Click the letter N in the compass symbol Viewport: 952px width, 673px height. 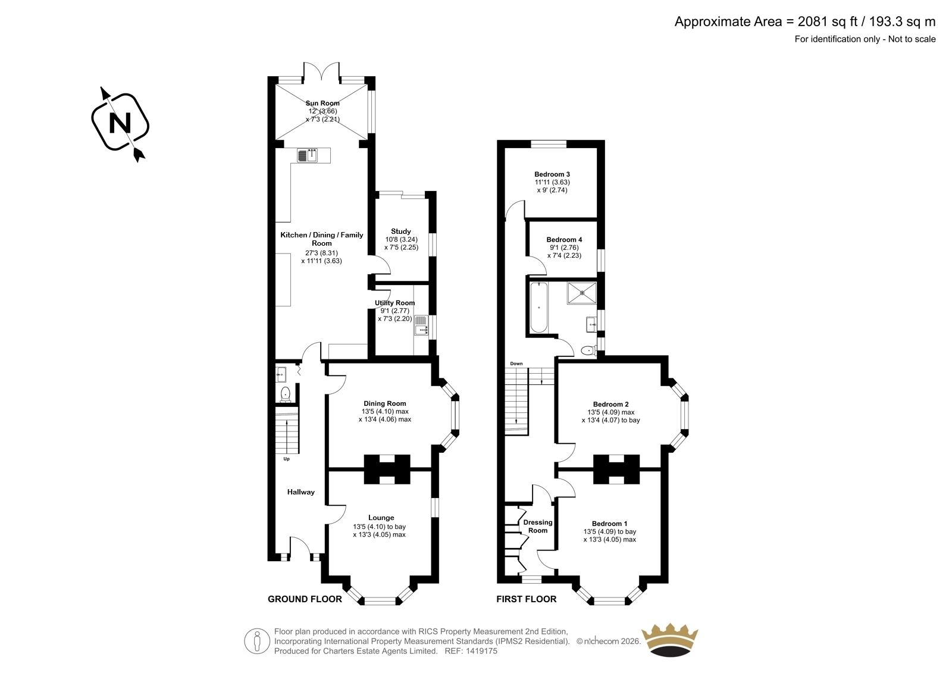click(x=120, y=123)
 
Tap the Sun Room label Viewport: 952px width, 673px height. click(x=322, y=103)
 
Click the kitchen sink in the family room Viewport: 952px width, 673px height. click(x=307, y=155)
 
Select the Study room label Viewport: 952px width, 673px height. click(x=401, y=231)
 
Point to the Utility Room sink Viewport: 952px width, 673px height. click(x=421, y=325)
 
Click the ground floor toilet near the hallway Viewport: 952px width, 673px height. click(x=285, y=394)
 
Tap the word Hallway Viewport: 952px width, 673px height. click(x=301, y=492)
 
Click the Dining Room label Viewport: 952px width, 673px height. click(x=384, y=403)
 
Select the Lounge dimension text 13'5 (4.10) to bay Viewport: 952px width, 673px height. click(x=379, y=527)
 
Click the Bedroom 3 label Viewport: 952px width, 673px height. click(x=552, y=174)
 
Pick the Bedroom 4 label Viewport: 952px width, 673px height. click(x=564, y=240)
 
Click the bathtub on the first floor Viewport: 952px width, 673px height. click(x=539, y=307)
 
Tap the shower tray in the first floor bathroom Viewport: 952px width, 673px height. click(x=581, y=293)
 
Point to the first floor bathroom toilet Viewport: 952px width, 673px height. click(x=588, y=350)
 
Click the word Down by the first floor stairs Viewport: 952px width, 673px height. click(x=516, y=364)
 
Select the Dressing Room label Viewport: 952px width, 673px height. click(x=538, y=527)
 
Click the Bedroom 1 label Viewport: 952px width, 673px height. click(x=609, y=524)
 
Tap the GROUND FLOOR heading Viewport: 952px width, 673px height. click(x=305, y=599)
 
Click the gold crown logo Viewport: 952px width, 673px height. click(x=670, y=640)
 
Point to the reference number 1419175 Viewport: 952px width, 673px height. click(x=481, y=651)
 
